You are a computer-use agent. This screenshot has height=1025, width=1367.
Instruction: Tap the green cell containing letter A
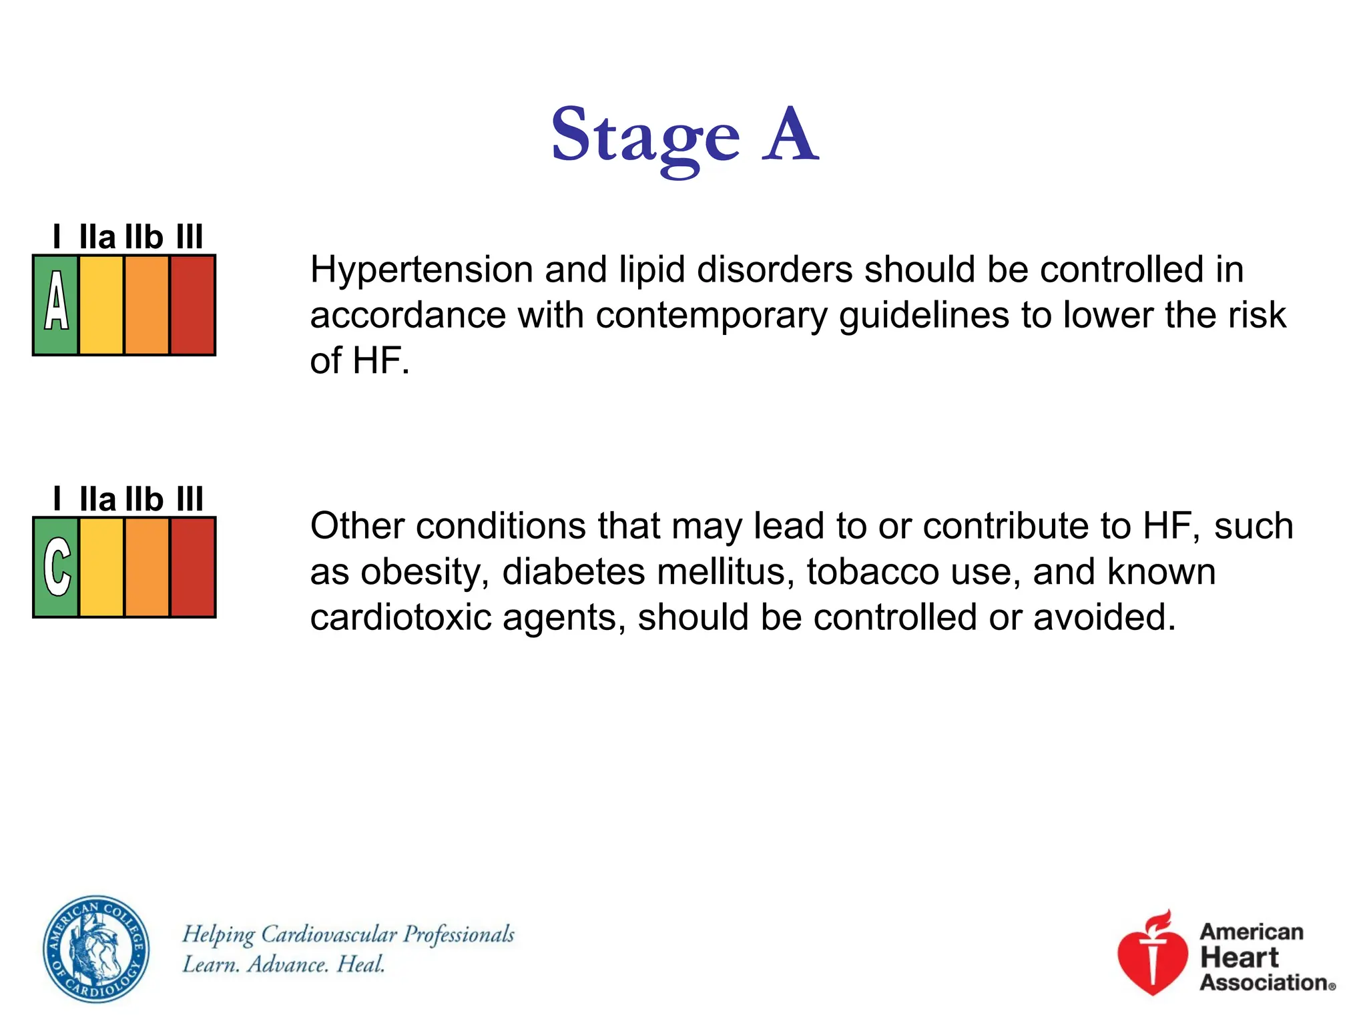tap(56, 305)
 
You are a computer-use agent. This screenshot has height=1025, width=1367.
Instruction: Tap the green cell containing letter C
tap(56, 567)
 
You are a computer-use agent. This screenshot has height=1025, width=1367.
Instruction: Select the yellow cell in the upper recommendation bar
tap(101, 305)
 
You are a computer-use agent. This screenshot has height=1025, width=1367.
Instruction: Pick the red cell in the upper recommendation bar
tap(193, 305)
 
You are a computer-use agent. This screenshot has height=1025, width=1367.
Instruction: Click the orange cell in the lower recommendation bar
tap(147, 567)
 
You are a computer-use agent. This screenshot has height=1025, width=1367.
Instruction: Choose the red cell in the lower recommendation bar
tap(193, 567)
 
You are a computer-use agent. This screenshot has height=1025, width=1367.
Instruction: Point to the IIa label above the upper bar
tap(97, 238)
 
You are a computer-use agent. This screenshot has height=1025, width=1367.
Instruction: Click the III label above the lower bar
tap(190, 500)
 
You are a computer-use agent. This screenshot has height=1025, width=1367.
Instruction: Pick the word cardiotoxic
tap(400, 618)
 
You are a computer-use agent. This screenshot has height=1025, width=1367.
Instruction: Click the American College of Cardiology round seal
tap(96, 949)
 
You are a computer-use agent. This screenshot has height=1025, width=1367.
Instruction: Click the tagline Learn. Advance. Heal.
tap(284, 965)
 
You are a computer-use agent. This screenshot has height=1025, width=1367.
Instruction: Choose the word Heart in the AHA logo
tap(1239, 958)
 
